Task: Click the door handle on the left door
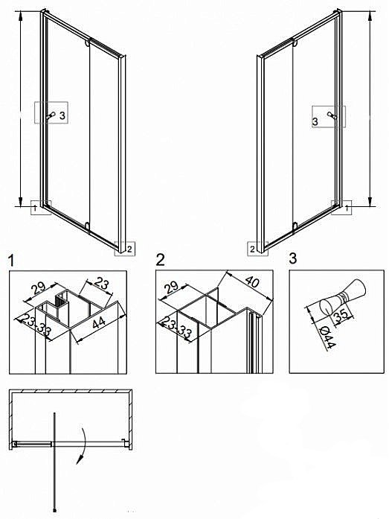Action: [51, 115]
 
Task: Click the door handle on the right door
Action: [332, 115]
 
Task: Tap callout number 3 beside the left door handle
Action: [62, 115]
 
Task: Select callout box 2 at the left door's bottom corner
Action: [125, 248]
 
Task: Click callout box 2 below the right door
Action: [257, 249]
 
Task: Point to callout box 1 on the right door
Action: [341, 208]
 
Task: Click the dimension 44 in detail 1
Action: [98, 323]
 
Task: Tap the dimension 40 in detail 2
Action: [252, 282]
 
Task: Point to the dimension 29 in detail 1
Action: [38, 288]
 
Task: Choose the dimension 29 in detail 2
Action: [172, 287]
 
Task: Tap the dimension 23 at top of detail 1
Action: [101, 284]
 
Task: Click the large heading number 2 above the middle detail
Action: [160, 260]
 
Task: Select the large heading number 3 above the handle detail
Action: [293, 258]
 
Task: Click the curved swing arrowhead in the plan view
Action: [80, 459]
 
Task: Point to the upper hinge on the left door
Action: [87, 43]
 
